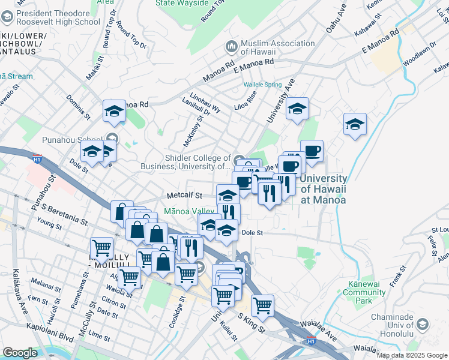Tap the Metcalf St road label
[182, 196]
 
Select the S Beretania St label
[61, 209]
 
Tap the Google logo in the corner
[20, 353]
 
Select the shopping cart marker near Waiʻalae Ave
[262, 306]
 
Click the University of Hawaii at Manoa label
[323, 189]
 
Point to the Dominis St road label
[78, 107]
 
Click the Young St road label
[49, 224]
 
